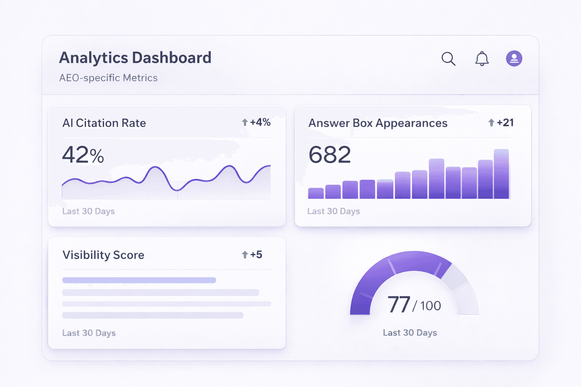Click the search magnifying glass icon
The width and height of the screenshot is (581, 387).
click(448, 59)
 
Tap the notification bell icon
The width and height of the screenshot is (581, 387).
click(482, 59)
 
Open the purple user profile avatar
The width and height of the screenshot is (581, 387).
click(514, 59)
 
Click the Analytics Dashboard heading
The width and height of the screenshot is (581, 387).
click(135, 58)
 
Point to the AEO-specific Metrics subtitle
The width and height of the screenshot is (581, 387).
click(108, 78)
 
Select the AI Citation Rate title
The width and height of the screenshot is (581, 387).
click(104, 123)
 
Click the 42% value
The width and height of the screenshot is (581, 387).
click(83, 155)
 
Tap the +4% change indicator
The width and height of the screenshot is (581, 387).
click(256, 122)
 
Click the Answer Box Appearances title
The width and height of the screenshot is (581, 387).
click(377, 123)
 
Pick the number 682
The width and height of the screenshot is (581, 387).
click(329, 155)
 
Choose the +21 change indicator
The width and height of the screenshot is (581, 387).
click(501, 123)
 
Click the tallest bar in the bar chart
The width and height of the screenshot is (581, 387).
click(501, 174)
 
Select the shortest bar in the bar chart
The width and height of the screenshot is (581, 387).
click(316, 193)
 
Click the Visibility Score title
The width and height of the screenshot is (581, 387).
click(103, 255)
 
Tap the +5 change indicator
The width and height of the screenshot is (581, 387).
click(252, 255)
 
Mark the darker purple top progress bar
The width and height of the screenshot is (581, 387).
click(139, 280)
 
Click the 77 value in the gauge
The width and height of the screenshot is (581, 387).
click(399, 305)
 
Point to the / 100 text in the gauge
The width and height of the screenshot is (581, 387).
click(427, 306)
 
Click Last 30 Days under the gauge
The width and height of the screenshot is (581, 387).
click(410, 333)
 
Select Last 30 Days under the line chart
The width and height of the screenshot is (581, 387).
click(89, 211)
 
